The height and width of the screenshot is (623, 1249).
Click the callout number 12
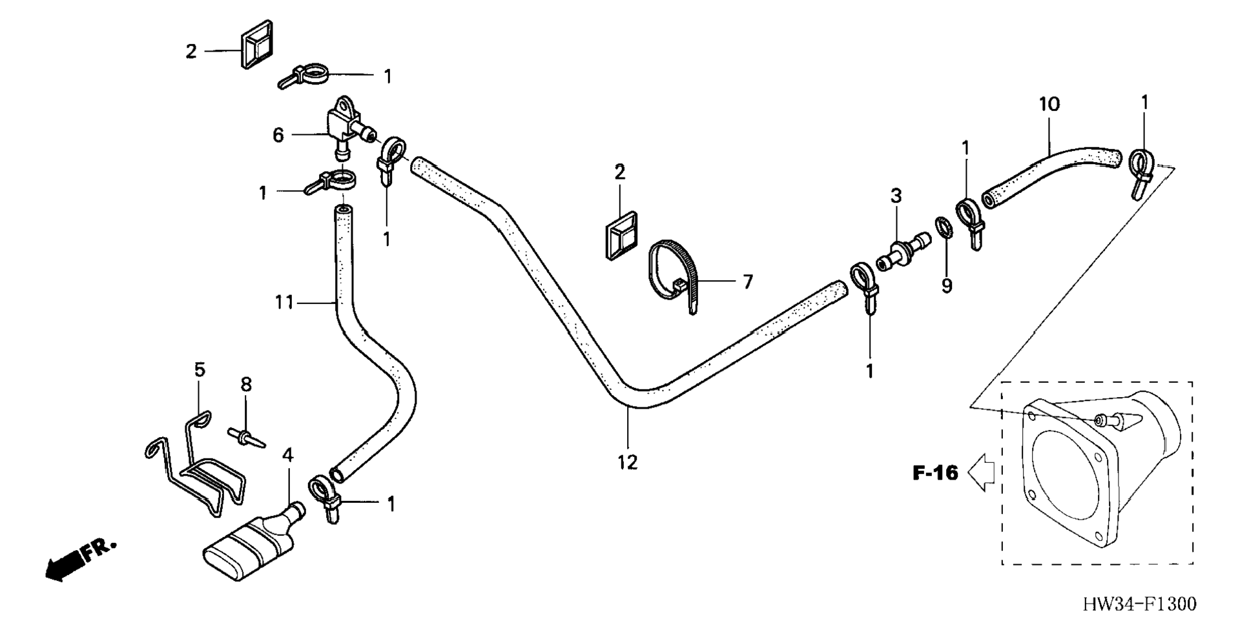pyautogui.click(x=627, y=462)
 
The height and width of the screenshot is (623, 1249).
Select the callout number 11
pyautogui.click(x=284, y=302)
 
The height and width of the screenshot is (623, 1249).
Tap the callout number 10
pyautogui.click(x=1049, y=104)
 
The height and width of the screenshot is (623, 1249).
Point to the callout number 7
pyautogui.click(x=747, y=281)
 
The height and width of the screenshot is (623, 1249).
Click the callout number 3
pyautogui.click(x=896, y=195)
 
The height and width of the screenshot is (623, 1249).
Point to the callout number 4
pyautogui.click(x=287, y=455)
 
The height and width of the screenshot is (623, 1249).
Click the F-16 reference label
pyautogui.click(x=935, y=473)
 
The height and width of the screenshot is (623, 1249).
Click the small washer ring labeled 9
pyautogui.click(x=943, y=228)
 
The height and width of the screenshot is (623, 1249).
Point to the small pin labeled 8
pyautogui.click(x=246, y=436)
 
